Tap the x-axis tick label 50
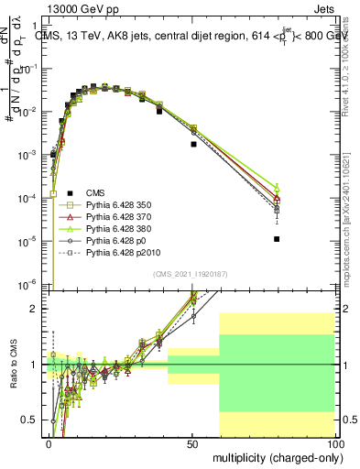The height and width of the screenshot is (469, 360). click(191, 442)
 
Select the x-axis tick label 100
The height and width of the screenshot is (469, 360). click(334, 442)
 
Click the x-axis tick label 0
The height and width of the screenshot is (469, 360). click(49, 442)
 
